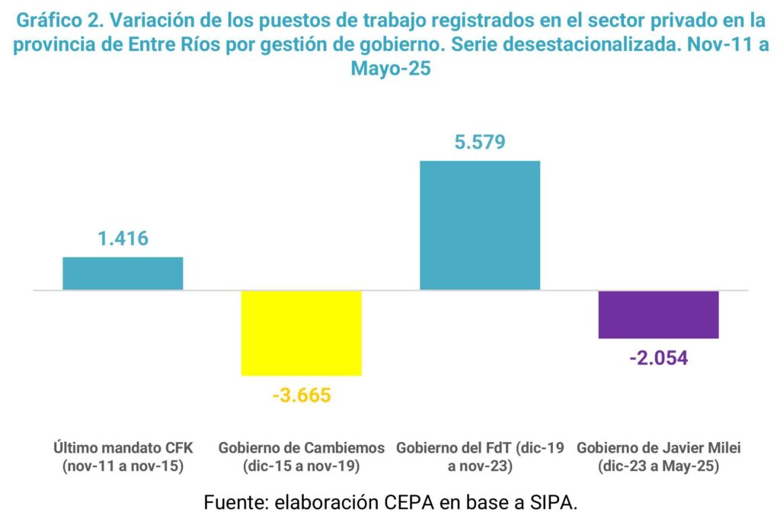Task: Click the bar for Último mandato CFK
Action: pyautogui.click(x=123, y=274)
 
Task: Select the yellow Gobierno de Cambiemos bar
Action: pyautogui.click(x=302, y=333)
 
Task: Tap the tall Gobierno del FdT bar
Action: pyautogui.click(x=480, y=226)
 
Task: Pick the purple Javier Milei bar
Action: pyautogui.click(x=659, y=315)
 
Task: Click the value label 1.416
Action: pyautogui.click(x=123, y=239)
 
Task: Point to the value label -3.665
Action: pyautogui.click(x=302, y=396)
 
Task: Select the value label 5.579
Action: pyautogui.click(x=480, y=143)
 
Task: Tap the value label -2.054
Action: pyautogui.click(x=659, y=357)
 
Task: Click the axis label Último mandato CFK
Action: pyautogui.click(x=123, y=447)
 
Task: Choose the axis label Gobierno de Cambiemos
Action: pyautogui.click(x=302, y=447)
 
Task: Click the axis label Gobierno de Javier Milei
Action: pyautogui.click(x=659, y=447)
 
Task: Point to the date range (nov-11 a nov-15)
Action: pyautogui.click(x=123, y=466)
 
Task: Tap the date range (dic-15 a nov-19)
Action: pyautogui.click(x=302, y=466)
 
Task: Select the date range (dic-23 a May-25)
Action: pyautogui.click(x=659, y=466)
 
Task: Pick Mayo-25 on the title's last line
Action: pyautogui.click(x=391, y=69)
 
